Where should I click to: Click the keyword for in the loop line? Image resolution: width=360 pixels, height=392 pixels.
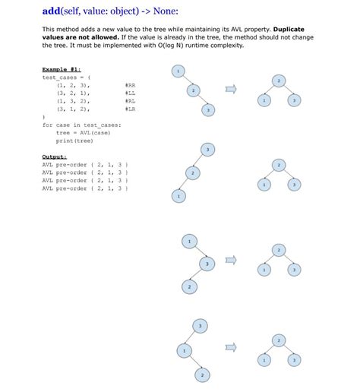[x=48, y=125]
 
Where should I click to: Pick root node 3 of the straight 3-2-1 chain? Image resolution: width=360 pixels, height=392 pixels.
[x=207, y=149]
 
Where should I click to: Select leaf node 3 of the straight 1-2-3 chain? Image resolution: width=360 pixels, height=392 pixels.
[x=208, y=111]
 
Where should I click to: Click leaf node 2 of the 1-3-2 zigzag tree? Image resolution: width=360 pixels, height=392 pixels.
[x=189, y=286]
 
